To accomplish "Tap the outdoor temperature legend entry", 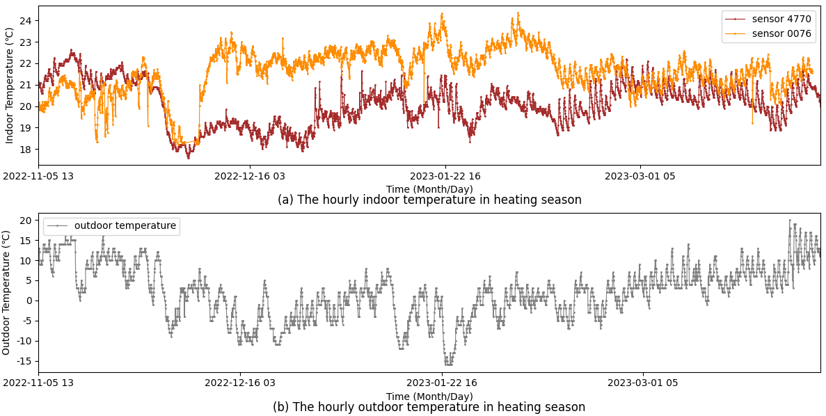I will tap(125, 225).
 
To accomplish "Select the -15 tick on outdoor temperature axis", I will tap(24, 360).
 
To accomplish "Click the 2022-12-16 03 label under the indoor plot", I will tap(250, 176).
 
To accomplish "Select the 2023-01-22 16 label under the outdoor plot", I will tap(442, 383).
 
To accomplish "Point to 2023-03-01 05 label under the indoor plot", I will tap(640, 176).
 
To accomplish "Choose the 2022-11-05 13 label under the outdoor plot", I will tap(38, 383).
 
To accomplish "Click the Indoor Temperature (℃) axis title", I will tap(9, 86).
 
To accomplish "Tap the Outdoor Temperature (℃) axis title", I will tap(6, 292).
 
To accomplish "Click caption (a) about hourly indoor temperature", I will tap(429, 200).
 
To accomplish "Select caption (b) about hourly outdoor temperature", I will tap(429, 407).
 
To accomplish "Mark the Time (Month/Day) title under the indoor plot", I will tap(429, 189).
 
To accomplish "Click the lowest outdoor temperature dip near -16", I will tap(448, 364).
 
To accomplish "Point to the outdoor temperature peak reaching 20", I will tap(790, 221).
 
